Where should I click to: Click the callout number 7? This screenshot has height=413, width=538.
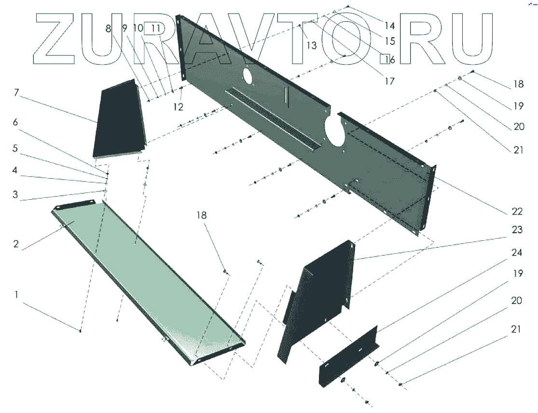pos(16,93)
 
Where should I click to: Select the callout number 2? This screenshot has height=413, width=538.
pos(16,244)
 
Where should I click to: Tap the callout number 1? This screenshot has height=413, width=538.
pos(17,294)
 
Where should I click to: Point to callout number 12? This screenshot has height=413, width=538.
pos(179,107)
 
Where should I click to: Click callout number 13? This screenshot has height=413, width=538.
pos(312,45)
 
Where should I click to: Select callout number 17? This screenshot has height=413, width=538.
pos(389,82)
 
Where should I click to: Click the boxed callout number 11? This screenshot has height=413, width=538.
pos(155,28)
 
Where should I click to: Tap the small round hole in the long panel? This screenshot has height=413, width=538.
pos(247,75)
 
